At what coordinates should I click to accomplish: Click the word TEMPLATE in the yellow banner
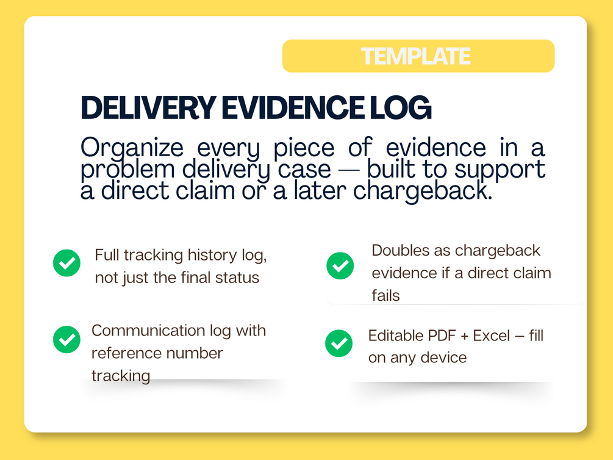(415, 56)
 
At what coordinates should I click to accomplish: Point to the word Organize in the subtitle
(132, 149)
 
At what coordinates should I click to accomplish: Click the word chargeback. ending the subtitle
(423, 191)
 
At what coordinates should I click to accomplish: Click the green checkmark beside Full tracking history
(67, 263)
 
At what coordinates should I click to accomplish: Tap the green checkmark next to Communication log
(67, 340)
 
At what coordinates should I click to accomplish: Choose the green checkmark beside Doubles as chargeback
(340, 266)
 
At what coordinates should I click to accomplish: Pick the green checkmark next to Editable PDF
(339, 343)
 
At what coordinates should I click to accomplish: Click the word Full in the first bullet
(106, 255)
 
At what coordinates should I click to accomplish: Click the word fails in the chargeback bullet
(386, 296)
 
